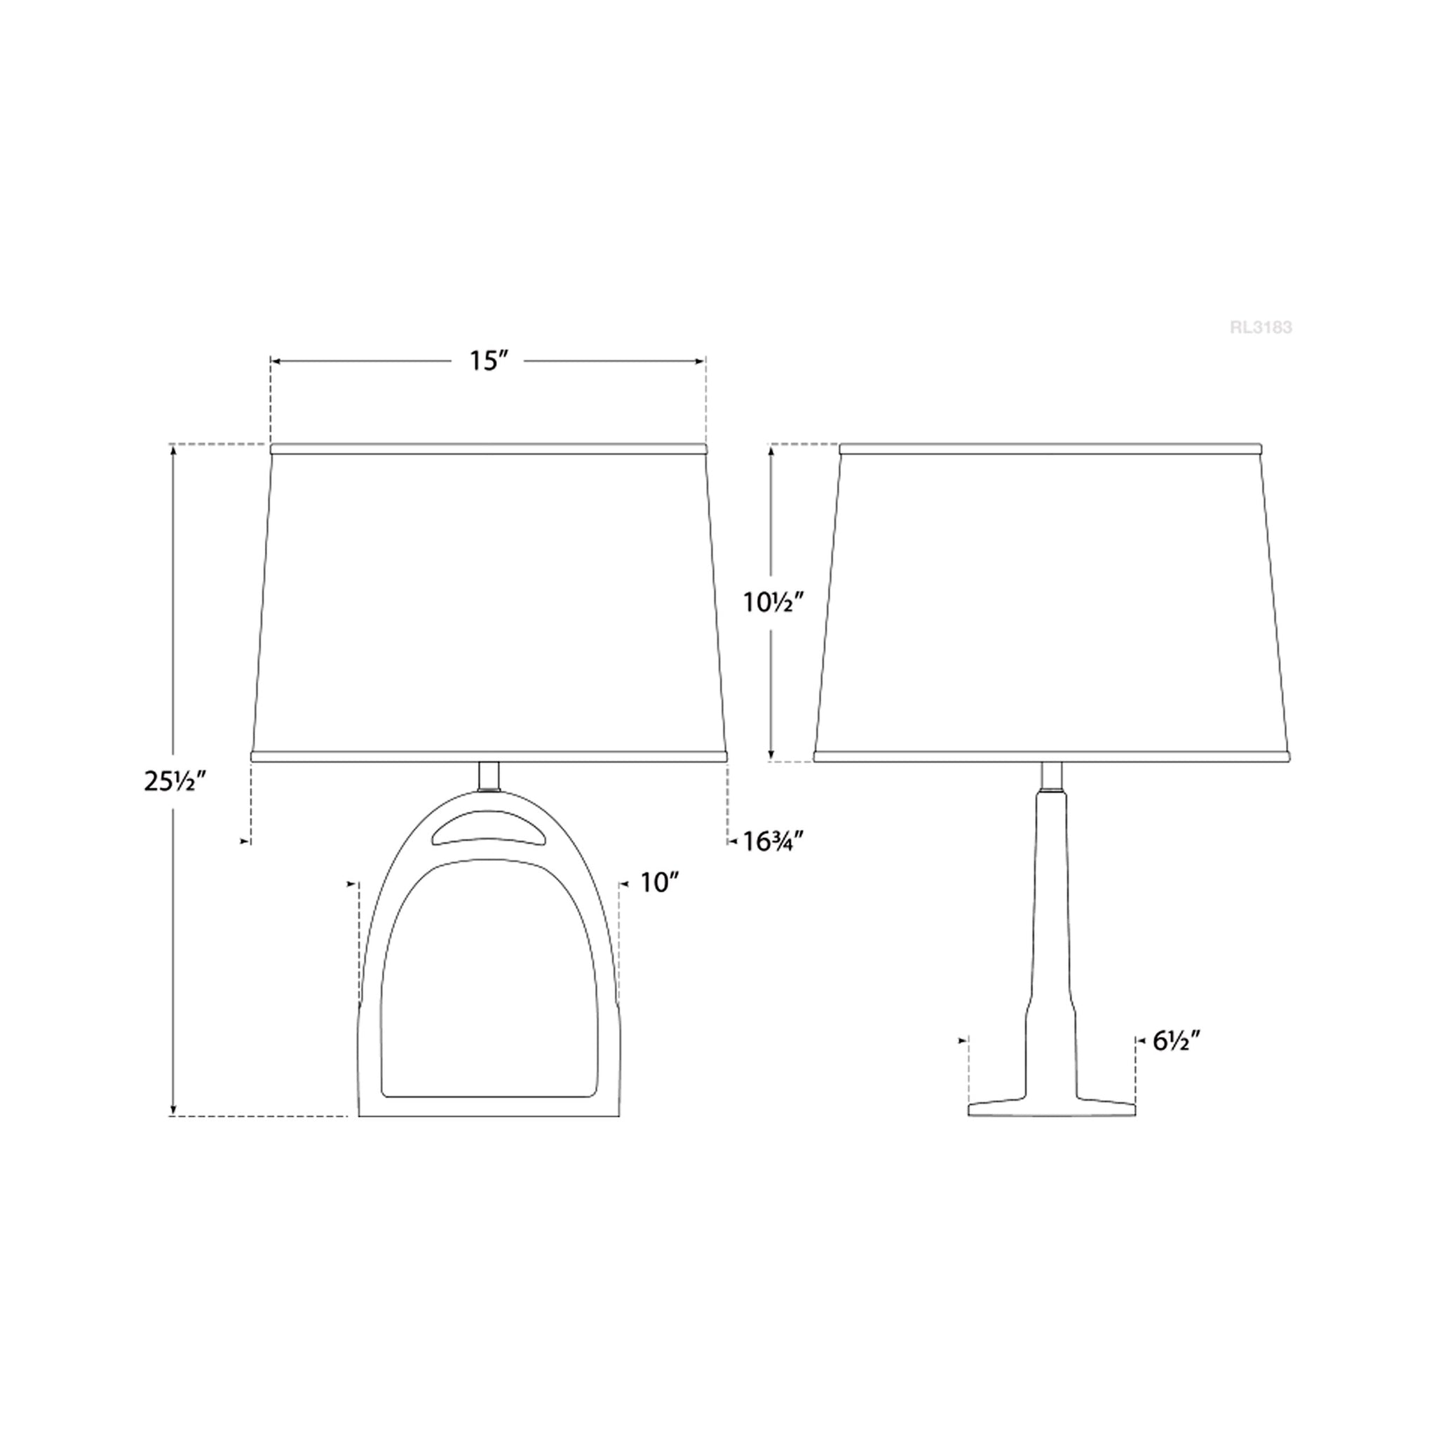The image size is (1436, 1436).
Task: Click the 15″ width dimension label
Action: tap(487, 360)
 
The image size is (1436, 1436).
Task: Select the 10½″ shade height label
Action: tap(775, 603)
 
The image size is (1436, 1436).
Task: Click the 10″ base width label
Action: tap(661, 882)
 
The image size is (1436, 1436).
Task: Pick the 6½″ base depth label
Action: tap(1177, 1041)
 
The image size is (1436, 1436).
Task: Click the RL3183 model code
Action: tap(1261, 327)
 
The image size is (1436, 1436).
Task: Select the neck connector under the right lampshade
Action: tap(1051, 776)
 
